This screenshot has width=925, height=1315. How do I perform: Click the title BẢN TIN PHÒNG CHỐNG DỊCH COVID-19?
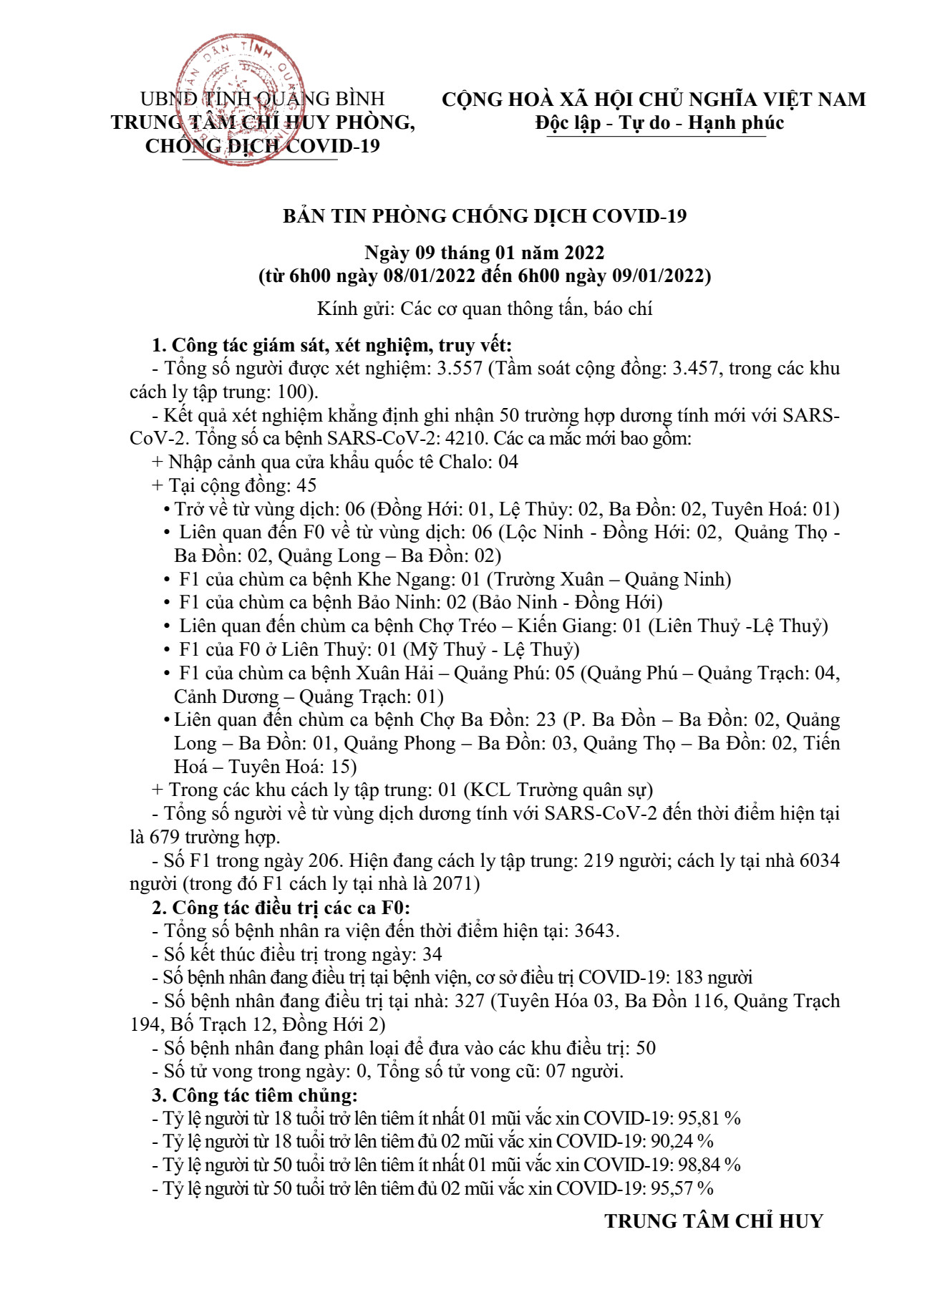485,216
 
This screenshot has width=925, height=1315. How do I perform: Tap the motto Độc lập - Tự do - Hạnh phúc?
659,123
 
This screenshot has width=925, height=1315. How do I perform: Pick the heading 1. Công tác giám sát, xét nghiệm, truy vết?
331,345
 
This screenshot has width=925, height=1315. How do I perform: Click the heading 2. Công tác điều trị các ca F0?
281,908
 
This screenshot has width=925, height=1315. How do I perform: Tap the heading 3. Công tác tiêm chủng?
254,1095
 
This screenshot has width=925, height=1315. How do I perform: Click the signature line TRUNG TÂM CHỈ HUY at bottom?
714,1221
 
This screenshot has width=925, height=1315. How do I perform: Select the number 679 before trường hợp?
165,838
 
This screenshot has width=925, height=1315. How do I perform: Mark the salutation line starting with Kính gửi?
485,309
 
